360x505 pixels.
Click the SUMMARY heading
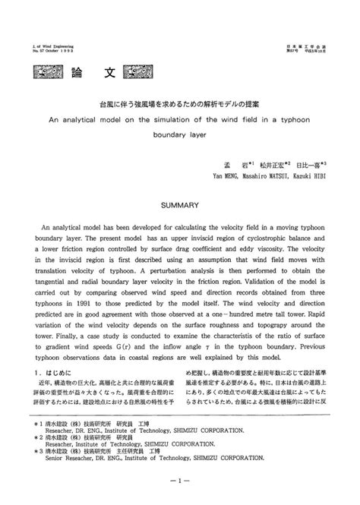point(179,204)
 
